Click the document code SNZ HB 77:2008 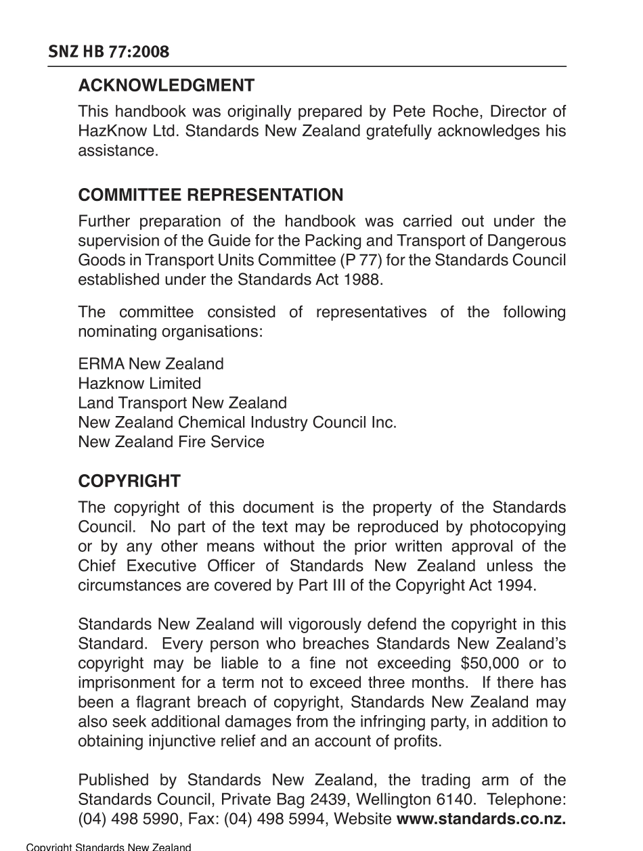108,52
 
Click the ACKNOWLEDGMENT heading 167,86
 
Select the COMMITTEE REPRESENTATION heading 210,195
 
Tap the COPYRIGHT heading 129,482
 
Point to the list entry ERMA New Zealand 150,364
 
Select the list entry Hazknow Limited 139,384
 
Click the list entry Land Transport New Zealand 182,403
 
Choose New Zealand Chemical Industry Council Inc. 237,423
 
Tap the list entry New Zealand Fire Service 171,442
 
